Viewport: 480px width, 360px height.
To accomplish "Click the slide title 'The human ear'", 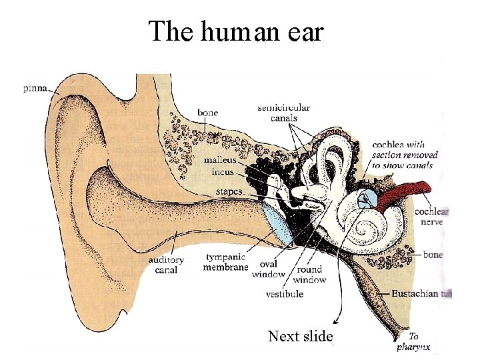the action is tap(236, 31).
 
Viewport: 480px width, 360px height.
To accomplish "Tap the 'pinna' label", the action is tap(35, 88).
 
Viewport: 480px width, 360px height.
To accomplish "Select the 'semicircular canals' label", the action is tap(284, 113).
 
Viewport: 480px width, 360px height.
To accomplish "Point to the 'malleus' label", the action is tap(219, 160).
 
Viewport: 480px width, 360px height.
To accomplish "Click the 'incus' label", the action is tap(222, 171).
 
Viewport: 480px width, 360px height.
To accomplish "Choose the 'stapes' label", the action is tap(229, 192).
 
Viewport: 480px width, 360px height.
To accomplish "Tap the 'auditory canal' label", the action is tap(166, 265).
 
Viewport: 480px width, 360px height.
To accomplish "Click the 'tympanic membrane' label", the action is tap(225, 262).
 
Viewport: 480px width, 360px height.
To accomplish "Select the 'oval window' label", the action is tap(269, 269).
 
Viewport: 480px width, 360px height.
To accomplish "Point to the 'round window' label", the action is tap(309, 274).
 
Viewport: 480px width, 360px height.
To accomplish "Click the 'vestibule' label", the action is tap(285, 293).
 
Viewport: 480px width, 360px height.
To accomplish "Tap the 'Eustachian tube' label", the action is tap(417, 293).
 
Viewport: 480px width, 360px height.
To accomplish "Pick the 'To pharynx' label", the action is tap(413, 341).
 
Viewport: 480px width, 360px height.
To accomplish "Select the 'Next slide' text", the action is tap(300, 336).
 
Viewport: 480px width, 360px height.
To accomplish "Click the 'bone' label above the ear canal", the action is tap(207, 113).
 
